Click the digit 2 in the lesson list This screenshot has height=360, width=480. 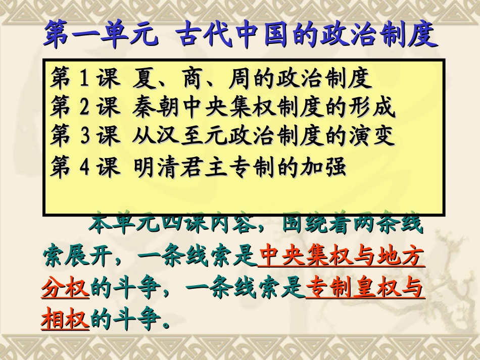tap(84, 107)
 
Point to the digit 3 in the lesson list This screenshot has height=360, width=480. tap(84, 136)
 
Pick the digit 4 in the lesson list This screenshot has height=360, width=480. tap(84, 167)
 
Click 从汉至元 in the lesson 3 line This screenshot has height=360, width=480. tap(178, 136)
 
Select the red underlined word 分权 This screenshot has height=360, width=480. tap(66, 290)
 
